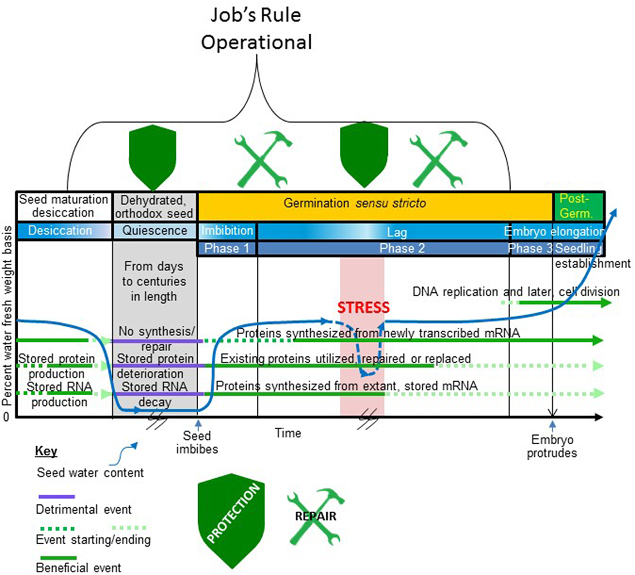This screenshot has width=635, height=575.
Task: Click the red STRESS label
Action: (x=363, y=307)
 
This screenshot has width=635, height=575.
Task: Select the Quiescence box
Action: (x=155, y=231)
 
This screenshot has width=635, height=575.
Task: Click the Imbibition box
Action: (x=227, y=231)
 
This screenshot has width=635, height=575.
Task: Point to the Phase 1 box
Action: (x=227, y=248)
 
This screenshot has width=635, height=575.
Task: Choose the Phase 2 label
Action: (x=402, y=248)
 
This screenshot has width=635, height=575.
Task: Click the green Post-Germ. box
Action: (x=578, y=206)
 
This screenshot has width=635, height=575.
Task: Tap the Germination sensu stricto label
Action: (x=355, y=203)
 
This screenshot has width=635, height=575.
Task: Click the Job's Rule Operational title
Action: (x=256, y=29)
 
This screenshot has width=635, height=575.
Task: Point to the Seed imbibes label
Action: (x=197, y=442)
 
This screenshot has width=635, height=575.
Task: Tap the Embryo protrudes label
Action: (x=552, y=446)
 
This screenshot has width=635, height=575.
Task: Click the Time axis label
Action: (x=288, y=433)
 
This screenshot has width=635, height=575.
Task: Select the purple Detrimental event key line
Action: (x=57, y=496)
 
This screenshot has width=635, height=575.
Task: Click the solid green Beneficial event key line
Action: (x=59, y=558)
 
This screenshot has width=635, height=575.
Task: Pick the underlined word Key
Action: (x=46, y=451)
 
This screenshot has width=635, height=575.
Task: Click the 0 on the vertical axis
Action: (x=6, y=417)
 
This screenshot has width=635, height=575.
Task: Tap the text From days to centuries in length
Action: (x=154, y=281)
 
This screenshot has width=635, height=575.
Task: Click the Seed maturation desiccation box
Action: (x=63, y=206)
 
